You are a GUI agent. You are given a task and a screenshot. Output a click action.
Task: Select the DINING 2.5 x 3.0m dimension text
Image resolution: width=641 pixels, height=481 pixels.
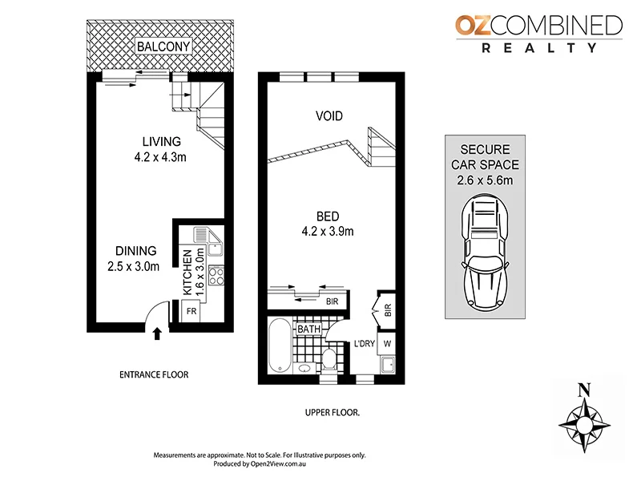134,266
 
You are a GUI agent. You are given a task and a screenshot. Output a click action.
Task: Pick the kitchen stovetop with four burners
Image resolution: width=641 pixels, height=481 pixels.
216,277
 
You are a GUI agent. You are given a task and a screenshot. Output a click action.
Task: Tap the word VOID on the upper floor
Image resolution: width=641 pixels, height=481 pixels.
328,117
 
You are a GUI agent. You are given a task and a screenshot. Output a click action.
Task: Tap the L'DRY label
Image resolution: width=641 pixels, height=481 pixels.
365,346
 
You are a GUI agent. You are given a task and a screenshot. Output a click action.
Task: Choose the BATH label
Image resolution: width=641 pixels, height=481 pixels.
309,329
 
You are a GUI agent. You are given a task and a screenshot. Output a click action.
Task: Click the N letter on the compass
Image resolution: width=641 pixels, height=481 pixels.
585,390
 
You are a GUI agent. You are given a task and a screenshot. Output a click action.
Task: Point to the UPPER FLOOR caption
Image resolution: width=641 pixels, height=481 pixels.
333,412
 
